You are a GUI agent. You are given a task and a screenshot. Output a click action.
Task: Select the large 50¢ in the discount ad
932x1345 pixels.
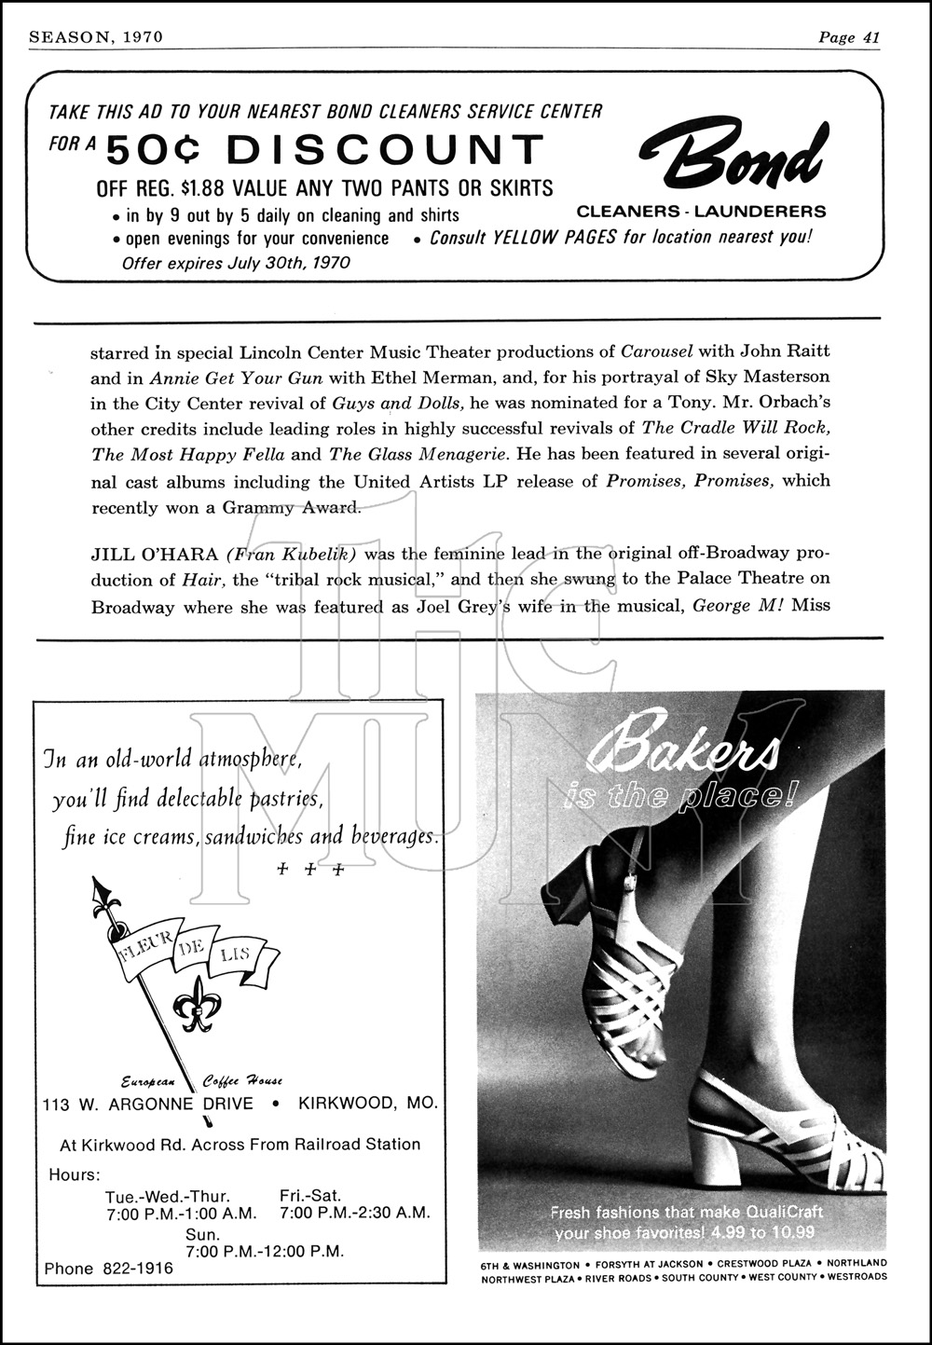pos(152,150)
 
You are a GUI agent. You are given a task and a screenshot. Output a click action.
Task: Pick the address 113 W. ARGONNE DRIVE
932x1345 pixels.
pos(148,1104)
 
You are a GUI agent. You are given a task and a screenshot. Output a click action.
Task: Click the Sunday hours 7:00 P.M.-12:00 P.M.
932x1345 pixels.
pos(265,1250)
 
